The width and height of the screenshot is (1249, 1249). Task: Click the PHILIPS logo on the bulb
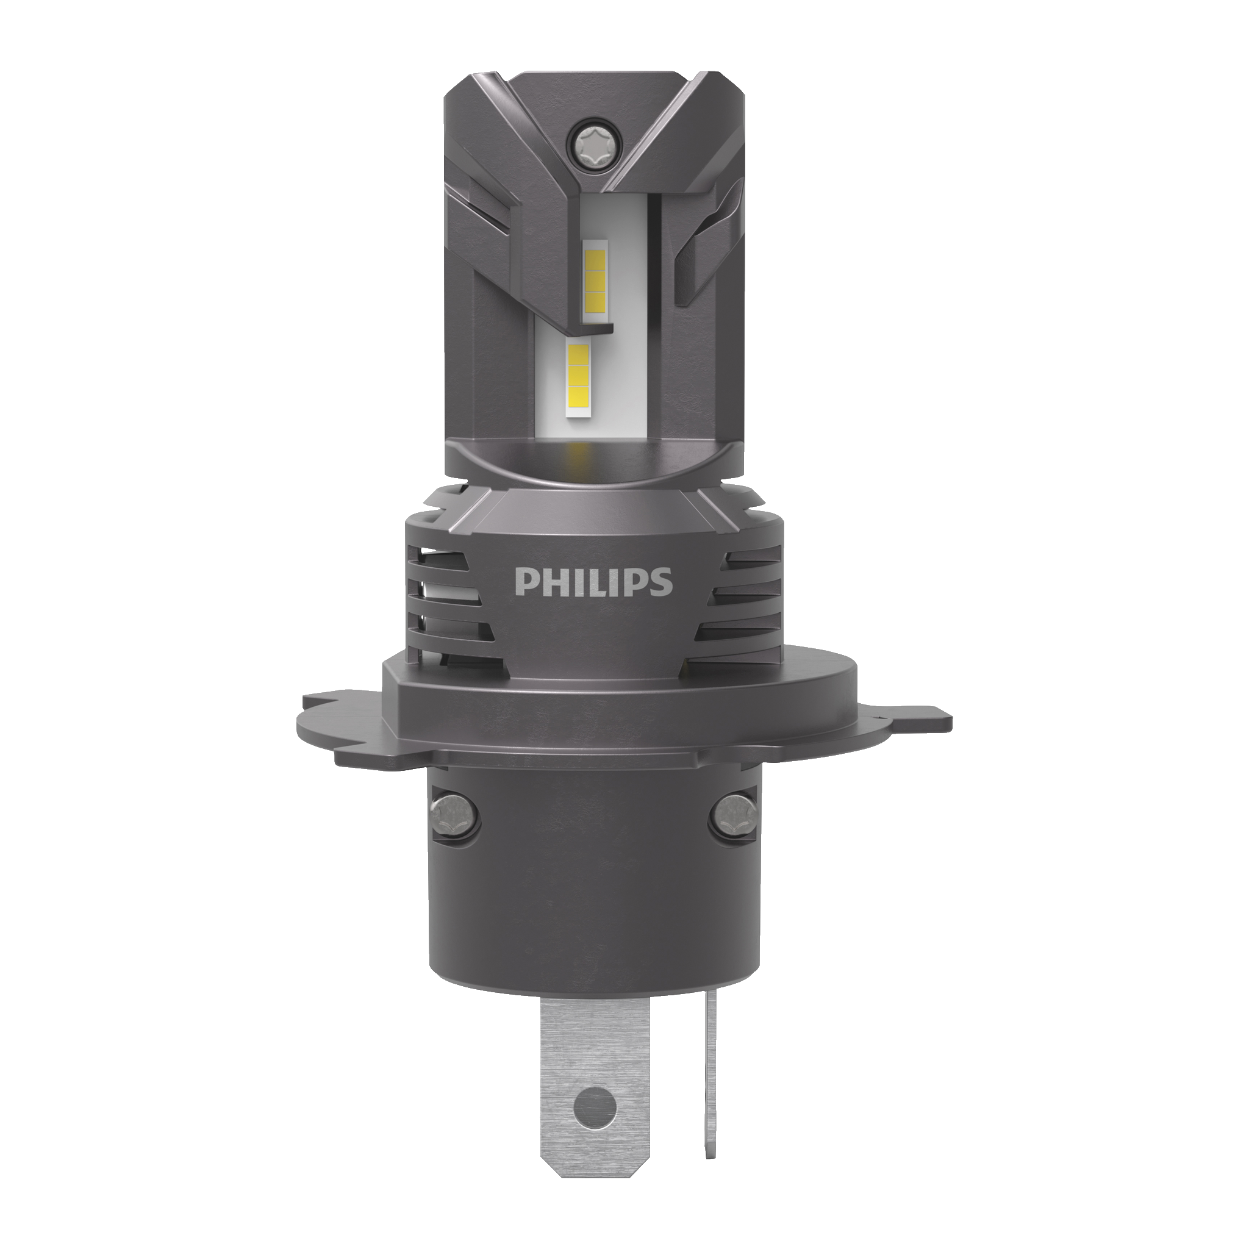click(x=593, y=581)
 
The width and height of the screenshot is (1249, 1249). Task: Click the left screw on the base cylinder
click(x=455, y=812)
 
